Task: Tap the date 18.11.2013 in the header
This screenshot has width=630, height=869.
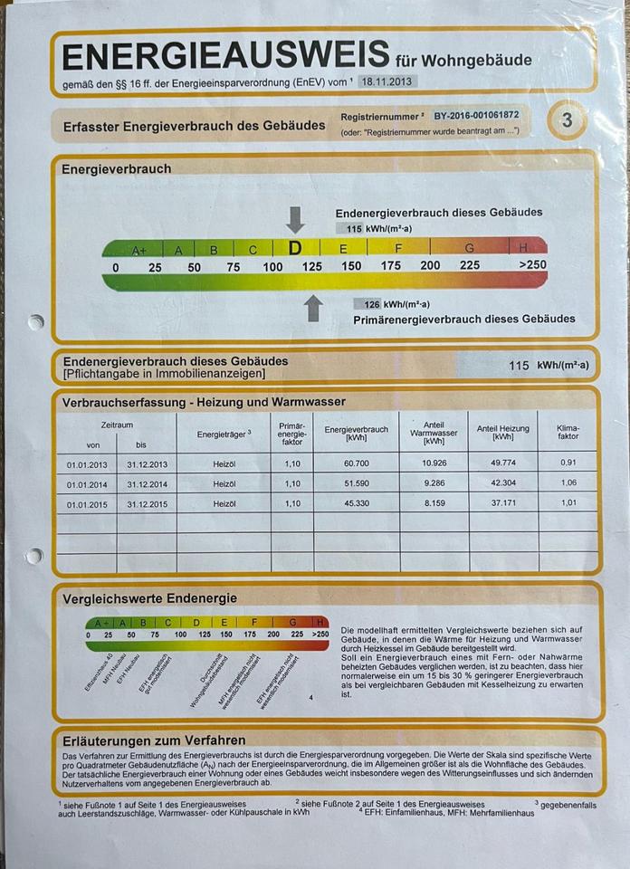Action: point(387,81)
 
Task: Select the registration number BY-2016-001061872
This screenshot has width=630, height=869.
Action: point(475,116)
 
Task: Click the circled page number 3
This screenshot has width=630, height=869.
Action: point(567,120)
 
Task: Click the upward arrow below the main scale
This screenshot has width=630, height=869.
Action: point(313,308)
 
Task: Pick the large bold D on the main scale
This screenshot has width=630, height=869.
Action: point(294,247)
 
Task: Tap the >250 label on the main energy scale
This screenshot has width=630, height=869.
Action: point(533,266)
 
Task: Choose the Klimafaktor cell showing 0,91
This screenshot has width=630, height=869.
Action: point(568,464)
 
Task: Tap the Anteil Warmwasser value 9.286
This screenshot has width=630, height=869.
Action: point(434,484)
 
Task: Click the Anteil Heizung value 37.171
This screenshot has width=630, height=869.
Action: point(502,503)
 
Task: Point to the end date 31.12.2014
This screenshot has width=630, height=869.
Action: point(148,484)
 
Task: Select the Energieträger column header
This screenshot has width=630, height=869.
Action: point(224,434)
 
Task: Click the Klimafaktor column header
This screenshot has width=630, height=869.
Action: point(568,431)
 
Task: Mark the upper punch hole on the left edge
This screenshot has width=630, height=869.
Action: point(36,321)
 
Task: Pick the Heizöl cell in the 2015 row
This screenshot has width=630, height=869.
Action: point(224,503)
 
